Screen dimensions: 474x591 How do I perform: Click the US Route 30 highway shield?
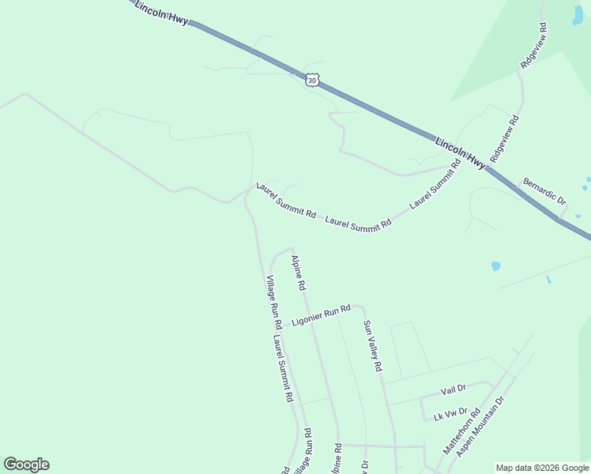pyautogui.click(x=313, y=80)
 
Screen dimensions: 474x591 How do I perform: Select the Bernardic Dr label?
pyautogui.click(x=544, y=191)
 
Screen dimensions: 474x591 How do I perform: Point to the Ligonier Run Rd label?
pyautogui.click(x=321, y=315)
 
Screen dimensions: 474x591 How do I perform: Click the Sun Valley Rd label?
pyautogui.click(x=372, y=346)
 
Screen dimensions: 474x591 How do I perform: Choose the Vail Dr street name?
pyautogui.click(x=454, y=389)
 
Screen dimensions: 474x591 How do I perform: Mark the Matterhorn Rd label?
pyautogui.click(x=461, y=431)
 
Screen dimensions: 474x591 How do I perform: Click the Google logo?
pyautogui.click(x=27, y=465)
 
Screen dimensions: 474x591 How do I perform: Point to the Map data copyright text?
pyautogui.click(x=542, y=468)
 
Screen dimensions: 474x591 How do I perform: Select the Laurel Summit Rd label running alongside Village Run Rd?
pyautogui.click(x=284, y=368)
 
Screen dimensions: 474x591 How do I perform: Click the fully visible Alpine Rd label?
pyautogui.click(x=298, y=273)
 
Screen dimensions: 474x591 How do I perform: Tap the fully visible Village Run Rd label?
pyautogui.click(x=274, y=302)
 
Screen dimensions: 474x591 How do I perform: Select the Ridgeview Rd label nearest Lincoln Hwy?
pyautogui.click(x=504, y=139)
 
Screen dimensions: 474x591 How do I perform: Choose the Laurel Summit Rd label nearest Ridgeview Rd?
pyautogui.click(x=435, y=185)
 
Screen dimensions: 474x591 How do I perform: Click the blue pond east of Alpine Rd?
pyautogui.click(x=495, y=265)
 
